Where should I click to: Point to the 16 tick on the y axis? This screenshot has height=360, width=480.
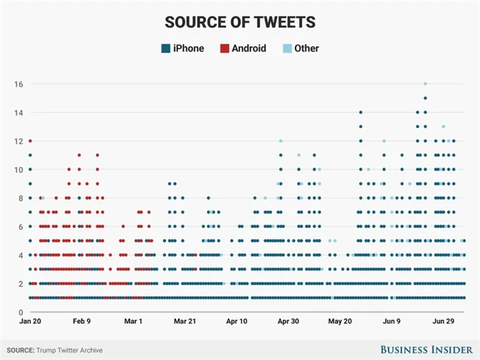pos(16,84)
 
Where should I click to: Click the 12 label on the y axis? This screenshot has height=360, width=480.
pos(16,141)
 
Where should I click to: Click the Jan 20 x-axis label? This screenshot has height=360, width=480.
pos(30,321)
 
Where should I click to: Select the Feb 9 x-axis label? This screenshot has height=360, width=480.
pos(82,321)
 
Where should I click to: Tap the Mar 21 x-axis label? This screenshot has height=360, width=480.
pos(184,321)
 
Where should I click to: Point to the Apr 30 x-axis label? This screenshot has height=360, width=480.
pos(288,321)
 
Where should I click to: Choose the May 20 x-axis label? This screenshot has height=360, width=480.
pos(340,321)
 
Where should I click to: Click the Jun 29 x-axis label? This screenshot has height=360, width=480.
pos(442,321)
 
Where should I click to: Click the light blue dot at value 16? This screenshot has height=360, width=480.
pos(425,84)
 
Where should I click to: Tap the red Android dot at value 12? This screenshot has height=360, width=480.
pos(30,141)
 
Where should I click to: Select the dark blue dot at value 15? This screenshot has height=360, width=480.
pos(425,98)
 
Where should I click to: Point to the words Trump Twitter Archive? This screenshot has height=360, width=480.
pos(69,350)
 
